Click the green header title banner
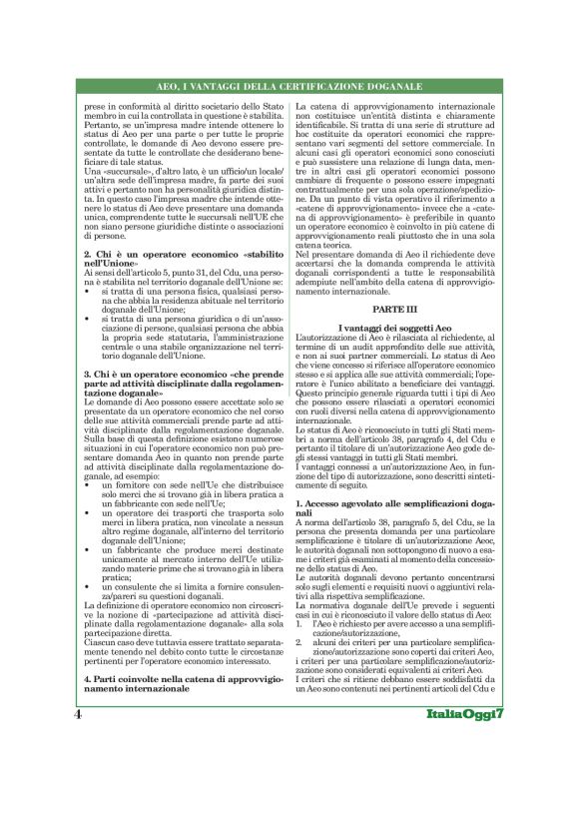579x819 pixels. tap(289, 88)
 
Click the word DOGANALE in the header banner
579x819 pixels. tap(394, 88)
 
